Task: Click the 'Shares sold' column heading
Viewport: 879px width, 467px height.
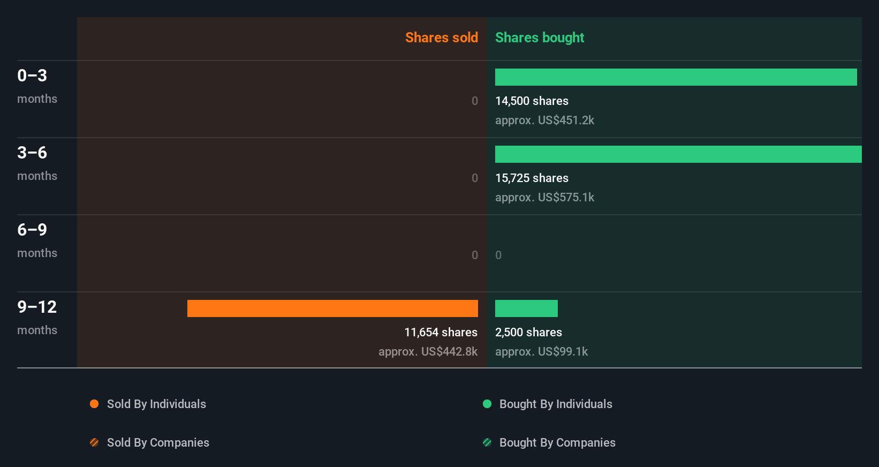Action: [x=441, y=37]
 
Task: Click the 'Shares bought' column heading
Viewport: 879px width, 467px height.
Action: [x=539, y=37]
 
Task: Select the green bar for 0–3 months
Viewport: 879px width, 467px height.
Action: [x=676, y=77]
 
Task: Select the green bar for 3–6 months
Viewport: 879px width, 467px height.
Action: [x=678, y=154]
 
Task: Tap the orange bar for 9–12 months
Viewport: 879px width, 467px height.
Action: [x=332, y=308]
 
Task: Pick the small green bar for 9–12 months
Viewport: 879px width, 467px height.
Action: [x=526, y=308]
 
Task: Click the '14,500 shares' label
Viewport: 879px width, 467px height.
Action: [x=532, y=101]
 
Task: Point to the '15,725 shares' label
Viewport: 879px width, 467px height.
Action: [x=532, y=178]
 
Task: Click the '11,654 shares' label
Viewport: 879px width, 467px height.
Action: [x=441, y=332]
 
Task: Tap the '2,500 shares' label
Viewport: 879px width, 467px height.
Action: [x=528, y=332]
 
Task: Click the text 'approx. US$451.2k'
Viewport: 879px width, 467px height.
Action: [x=544, y=120]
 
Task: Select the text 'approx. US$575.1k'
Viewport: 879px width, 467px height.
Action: [x=544, y=197]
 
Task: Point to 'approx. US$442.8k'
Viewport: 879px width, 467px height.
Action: [x=428, y=351]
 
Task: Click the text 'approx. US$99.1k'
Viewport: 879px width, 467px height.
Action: [x=541, y=351]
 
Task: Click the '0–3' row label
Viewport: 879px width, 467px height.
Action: [x=32, y=76]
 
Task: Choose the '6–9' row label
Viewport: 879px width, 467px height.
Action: [x=32, y=230]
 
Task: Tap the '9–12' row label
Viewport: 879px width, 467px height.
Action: [x=37, y=307]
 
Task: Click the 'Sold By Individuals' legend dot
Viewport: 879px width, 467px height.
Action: [x=94, y=404]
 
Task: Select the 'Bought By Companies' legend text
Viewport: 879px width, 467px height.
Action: [x=557, y=442]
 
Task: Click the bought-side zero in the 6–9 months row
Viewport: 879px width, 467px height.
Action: [x=498, y=255]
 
